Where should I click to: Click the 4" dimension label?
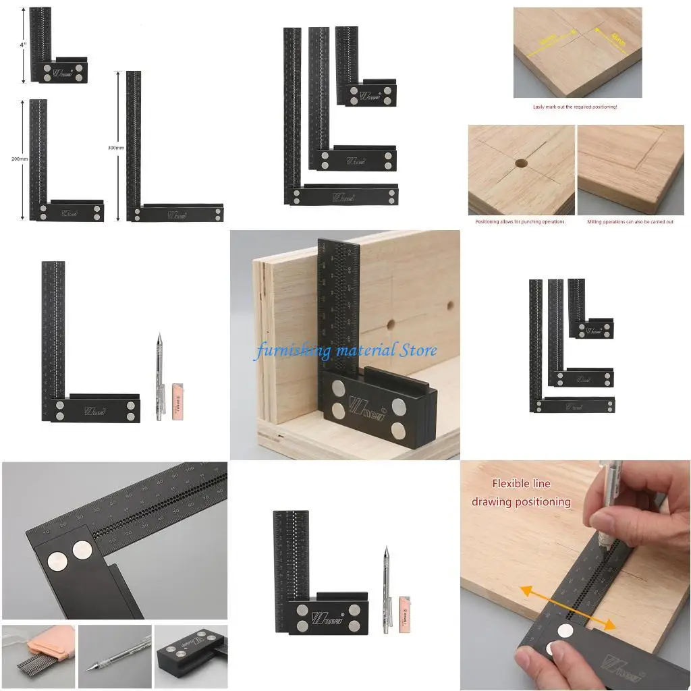coord(23,45)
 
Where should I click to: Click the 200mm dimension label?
coord(20,159)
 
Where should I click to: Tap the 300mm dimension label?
coord(116,147)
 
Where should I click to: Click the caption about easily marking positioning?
coord(575,107)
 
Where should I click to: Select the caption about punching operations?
coord(520,221)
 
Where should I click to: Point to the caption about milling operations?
coord(630,221)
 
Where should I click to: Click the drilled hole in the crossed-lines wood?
coord(521,163)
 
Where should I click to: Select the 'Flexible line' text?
coord(521,483)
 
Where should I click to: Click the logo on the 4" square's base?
coord(63,72)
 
